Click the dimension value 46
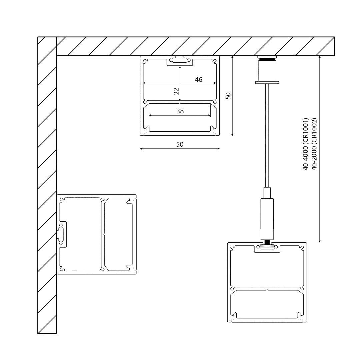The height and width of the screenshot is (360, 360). pyautogui.click(x=199, y=79)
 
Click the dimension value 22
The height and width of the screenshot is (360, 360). pyautogui.click(x=176, y=91)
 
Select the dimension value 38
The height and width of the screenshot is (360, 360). pyautogui.click(x=180, y=111)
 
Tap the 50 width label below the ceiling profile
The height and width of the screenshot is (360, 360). pyautogui.click(x=180, y=144)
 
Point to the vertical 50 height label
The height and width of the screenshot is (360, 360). pyautogui.click(x=228, y=96)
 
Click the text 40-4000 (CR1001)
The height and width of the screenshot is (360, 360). pyautogui.click(x=305, y=144)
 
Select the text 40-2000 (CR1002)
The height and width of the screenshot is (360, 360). pyautogui.click(x=314, y=144)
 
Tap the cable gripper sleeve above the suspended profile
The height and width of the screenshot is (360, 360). pyautogui.click(x=267, y=219)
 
